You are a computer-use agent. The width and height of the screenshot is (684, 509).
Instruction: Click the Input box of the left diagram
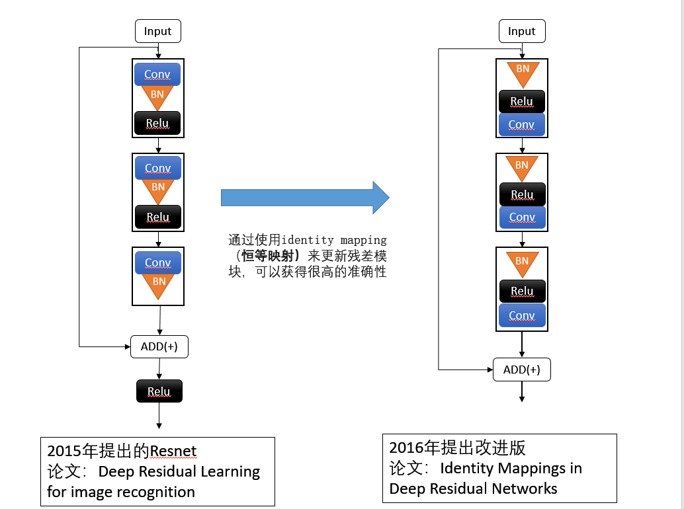(157, 31)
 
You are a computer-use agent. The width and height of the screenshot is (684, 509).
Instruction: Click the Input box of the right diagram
(521, 31)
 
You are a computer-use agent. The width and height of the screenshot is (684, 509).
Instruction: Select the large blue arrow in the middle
(305, 197)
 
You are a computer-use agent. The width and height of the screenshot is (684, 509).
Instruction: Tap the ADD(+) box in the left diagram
(159, 346)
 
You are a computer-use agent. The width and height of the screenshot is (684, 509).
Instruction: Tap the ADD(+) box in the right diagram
(521, 370)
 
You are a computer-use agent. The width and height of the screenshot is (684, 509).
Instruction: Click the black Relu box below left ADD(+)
(159, 391)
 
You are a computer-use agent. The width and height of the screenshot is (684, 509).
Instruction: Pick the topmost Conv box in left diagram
(157, 74)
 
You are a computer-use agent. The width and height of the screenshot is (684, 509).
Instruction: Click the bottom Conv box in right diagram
(522, 315)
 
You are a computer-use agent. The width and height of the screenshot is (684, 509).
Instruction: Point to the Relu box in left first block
(157, 123)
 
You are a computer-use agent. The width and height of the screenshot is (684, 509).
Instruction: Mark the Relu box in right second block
(522, 194)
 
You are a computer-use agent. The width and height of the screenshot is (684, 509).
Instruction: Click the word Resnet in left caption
(173, 451)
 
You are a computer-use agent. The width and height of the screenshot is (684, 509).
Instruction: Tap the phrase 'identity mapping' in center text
(334, 239)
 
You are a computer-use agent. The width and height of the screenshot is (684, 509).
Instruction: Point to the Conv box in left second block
(158, 168)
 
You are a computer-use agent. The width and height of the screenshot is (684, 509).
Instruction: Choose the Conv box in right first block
(521, 124)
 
